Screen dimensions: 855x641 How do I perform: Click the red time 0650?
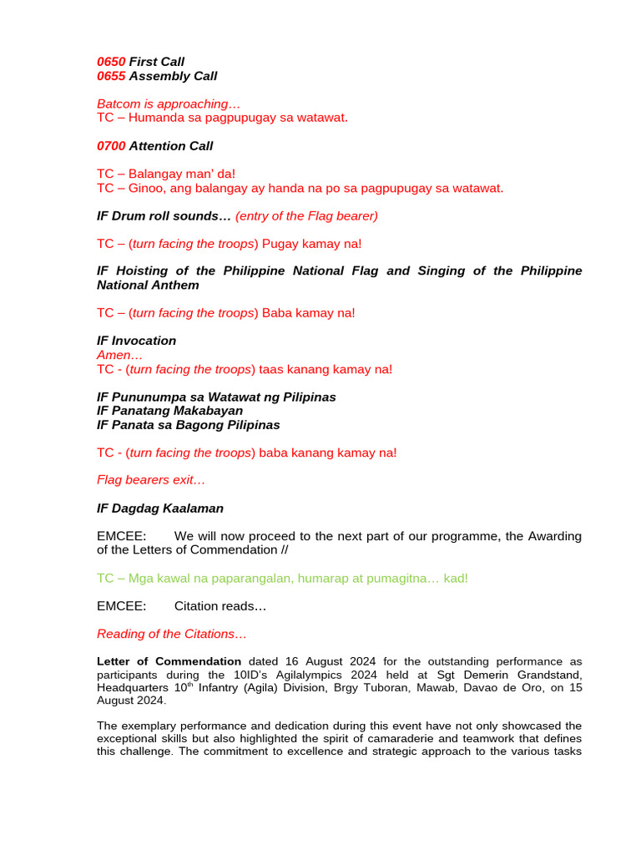(x=111, y=62)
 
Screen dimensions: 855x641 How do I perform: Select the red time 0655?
(x=111, y=76)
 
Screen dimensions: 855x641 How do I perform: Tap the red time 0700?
(x=111, y=146)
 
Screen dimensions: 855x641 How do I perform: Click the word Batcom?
(x=119, y=104)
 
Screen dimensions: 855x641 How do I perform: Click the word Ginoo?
(x=147, y=188)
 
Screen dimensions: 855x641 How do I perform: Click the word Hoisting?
(x=139, y=271)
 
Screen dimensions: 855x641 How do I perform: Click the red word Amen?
(x=113, y=355)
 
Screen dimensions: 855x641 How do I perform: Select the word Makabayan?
(x=204, y=411)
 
